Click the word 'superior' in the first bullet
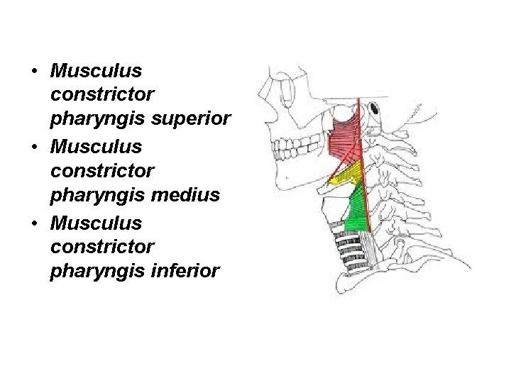point(191,118)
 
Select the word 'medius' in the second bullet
point(191,194)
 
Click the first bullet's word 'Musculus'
point(97,71)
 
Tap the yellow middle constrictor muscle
point(348,174)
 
